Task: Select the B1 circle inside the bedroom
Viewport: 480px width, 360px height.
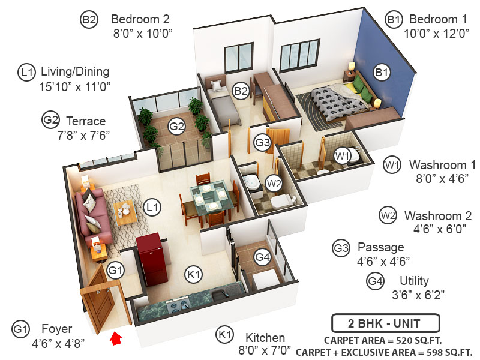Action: tap(382, 73)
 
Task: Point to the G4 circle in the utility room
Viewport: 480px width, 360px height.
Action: tap(262, 257)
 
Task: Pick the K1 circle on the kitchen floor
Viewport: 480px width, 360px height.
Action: tap(193, 275)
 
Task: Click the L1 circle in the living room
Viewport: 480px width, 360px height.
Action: tap(154, 208)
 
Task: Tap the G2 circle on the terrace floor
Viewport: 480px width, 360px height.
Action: tap(176, 126)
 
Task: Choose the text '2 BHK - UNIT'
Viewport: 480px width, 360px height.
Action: tap(385, 323)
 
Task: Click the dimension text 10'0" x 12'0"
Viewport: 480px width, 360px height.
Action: tap(427, 34)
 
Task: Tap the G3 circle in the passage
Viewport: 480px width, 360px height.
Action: tap(263, 143)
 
